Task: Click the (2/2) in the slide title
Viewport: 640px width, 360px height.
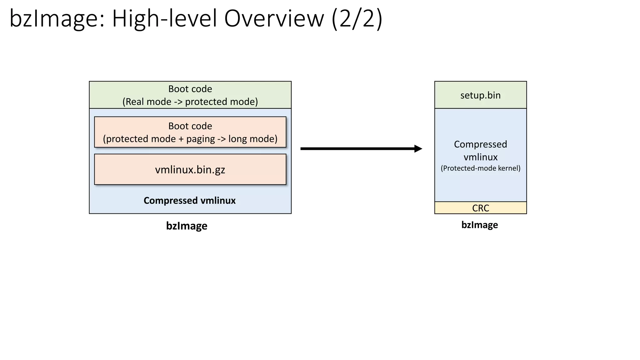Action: coord(357,19)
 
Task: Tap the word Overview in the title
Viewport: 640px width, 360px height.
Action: coord(274,19)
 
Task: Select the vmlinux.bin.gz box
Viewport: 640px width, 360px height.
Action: coord(190,169)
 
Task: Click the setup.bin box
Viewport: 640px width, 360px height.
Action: coord(480,95)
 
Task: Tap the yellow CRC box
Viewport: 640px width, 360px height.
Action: coord(480,208)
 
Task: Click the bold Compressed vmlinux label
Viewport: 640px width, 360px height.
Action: coord(189,200)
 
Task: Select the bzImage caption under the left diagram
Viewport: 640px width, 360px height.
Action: coord(187,226)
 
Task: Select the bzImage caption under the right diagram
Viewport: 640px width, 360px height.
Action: coord(479,225)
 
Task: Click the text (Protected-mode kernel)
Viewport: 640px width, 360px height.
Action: coord(480,168)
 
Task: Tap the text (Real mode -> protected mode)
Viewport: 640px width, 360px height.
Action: coord(190,102)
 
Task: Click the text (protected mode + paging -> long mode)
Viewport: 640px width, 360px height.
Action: coord(190,139)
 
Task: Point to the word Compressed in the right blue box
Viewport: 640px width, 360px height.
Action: coord(480,144)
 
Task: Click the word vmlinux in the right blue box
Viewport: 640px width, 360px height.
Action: coord(480,157)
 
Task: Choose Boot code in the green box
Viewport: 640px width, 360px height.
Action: coord(190,89)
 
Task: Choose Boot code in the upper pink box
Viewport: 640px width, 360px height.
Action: coord(190,126)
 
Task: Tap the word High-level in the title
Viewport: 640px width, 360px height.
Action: coord(164,19)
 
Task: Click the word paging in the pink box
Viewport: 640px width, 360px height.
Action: coord(200,139)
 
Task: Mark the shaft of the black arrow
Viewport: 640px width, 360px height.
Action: coord(356,149)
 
